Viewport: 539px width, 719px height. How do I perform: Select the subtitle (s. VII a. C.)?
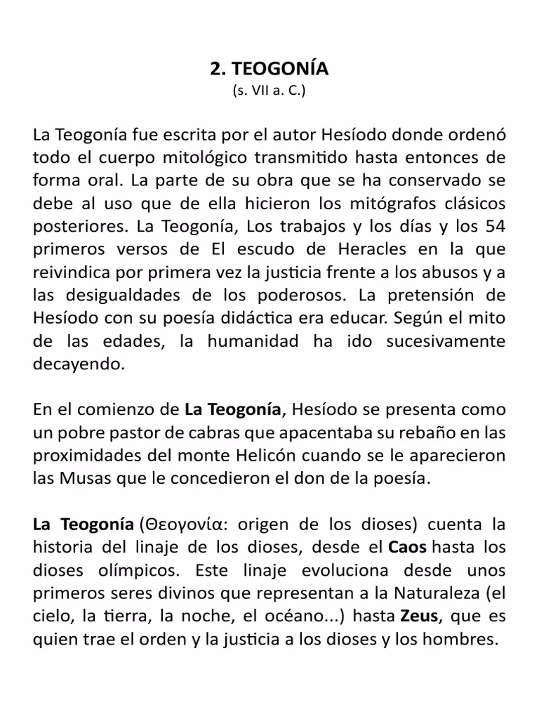pyautogui.click(x=269, y=91)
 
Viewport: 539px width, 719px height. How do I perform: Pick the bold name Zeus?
pyautogui.click(x=420, y=617)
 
